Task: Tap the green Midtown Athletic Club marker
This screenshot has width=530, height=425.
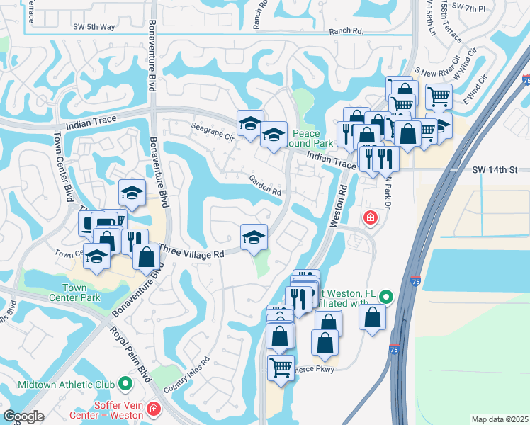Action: pyautogui.click(x=126, y=385)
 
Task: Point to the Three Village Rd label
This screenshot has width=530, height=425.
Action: pyautogui.click(x=191, y=251)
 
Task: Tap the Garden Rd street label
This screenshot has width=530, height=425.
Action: pyautogui.click(x=266, y=186)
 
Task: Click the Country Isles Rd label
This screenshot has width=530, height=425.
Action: pyautogui.click(x=186, y=375)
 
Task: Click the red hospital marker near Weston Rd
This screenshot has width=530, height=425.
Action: pyautogui.click(x=369, y=217)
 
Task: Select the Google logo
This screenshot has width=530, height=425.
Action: pyautogui.click(x=24, y=416)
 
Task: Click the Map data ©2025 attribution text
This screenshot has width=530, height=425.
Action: pyautogui.click(x=500, y=419)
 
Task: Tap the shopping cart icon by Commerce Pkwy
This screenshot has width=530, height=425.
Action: pyautogui.click(x=281, y=368)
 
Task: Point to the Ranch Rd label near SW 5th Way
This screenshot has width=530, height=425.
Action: pyautogui.click(x=346, y=32)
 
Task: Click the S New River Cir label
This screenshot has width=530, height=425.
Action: pyautogui.click(x=439, y=73)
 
